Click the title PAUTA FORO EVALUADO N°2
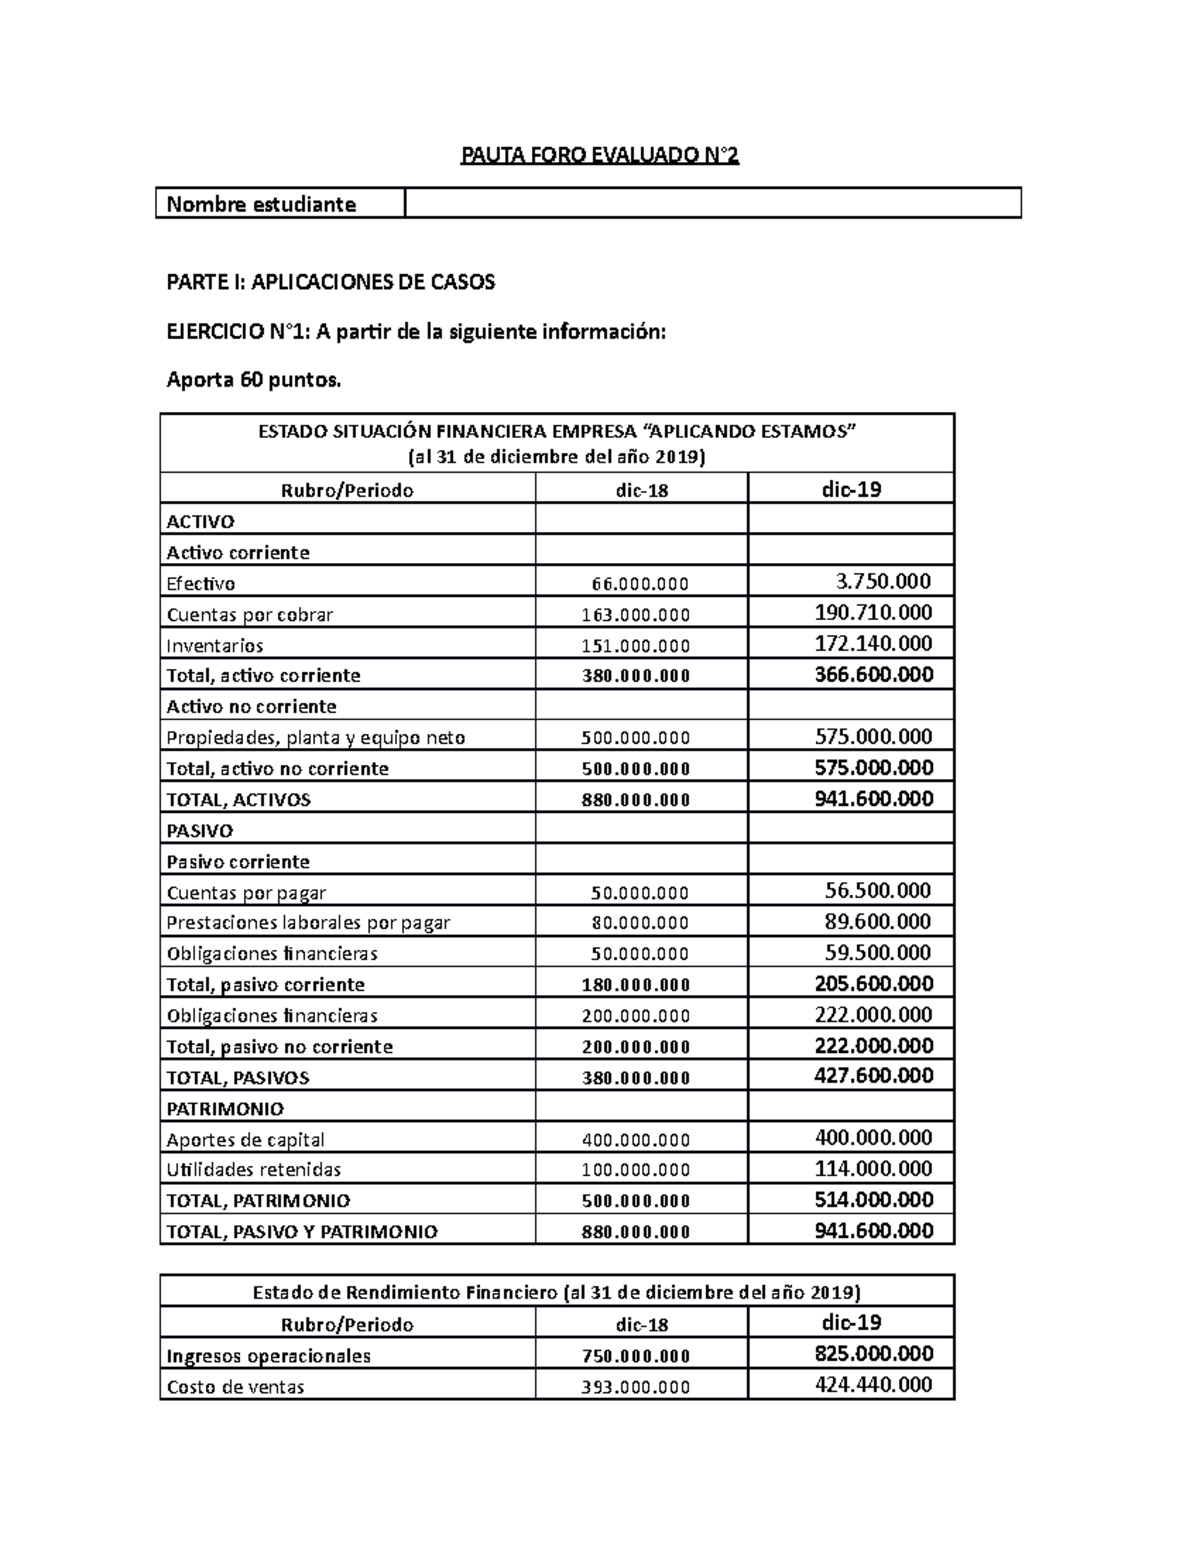click(599, 155)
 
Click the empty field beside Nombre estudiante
click(712, 203)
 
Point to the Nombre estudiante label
click(261, 204)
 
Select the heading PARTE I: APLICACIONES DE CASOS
click(330, 282)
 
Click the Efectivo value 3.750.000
click(883, 581)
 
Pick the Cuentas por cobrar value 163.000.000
click(636, 615)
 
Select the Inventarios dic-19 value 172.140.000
click(874, 643)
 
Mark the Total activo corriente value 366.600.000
click(874, 674)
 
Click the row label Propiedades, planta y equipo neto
click(316, 738)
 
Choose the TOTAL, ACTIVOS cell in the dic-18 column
click(636, 800)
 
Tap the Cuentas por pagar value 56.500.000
click(878, 890)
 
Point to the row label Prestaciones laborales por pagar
click(308, 923)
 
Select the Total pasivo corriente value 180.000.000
click(636, 985)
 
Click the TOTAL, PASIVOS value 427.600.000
click(874, 1075)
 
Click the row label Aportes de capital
click(245, 1140)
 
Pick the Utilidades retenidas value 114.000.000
click(874, 1168)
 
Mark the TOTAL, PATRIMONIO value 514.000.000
click(874, 1199)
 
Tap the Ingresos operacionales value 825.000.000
click(874, 1353)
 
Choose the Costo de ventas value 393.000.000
click(636, 1387)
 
